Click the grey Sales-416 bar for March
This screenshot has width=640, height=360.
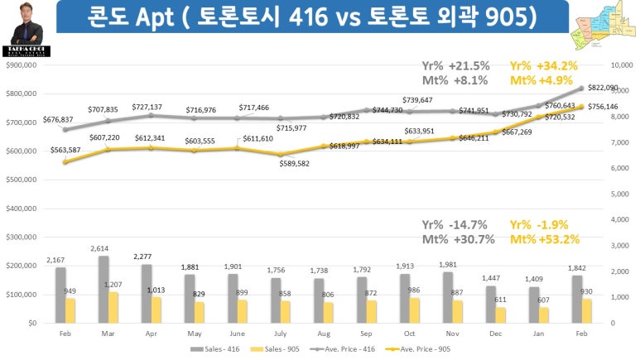[104, 290]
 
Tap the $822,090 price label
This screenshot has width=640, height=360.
[604, 88]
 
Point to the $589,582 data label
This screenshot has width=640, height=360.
[295, 164]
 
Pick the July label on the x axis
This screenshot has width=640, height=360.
[280, 333]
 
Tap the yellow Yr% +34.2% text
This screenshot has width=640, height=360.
[542, 65]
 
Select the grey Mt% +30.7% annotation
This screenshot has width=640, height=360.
[459, 239]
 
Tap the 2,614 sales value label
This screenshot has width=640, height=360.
[99, 249]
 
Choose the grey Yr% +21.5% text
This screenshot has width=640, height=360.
[456, 65]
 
